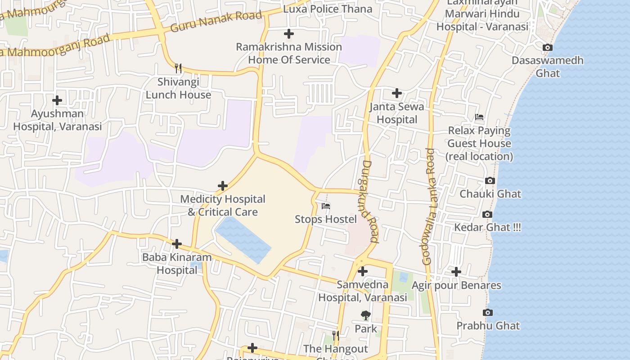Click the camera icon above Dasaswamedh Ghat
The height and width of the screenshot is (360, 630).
pos(547,48)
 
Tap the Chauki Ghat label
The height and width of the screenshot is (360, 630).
pos(490,194)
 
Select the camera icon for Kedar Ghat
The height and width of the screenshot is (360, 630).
pos(487,215)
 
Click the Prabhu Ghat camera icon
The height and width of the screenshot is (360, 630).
pos(487,313)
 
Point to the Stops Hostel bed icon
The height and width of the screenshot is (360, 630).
pos(326,206)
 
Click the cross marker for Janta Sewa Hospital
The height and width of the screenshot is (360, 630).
pos(396,93)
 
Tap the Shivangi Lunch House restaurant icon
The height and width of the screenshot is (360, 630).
pos(178,68)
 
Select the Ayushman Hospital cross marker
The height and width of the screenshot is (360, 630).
pos(57,100)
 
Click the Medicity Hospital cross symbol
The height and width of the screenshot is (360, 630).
pos(222,186)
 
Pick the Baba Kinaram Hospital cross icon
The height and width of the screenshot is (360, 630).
pos(177,244)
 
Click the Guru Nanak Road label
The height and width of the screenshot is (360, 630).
pos(216,22)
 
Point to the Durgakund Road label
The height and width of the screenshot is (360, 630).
pos(370,201)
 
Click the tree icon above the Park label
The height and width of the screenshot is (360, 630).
pos(366,315)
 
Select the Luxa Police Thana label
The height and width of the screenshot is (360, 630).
pos(328,9)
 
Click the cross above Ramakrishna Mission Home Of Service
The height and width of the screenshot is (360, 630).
pos(288,34)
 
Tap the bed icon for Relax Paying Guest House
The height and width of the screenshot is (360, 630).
pos(479,117)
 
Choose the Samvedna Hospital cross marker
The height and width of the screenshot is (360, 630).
pos(362,271)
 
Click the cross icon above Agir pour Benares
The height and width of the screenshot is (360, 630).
pos(456,272)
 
